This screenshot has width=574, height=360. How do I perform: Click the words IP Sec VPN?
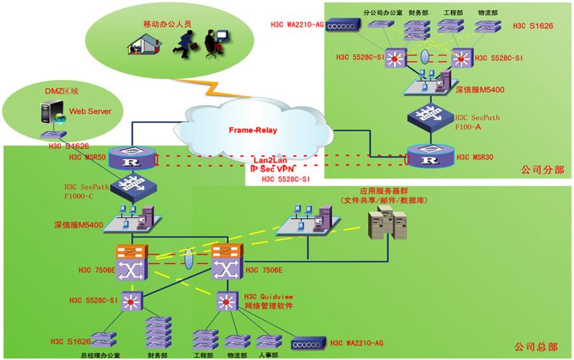click(x=272, y=167)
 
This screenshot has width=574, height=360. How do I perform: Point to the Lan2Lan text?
click(x=272, y=158)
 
